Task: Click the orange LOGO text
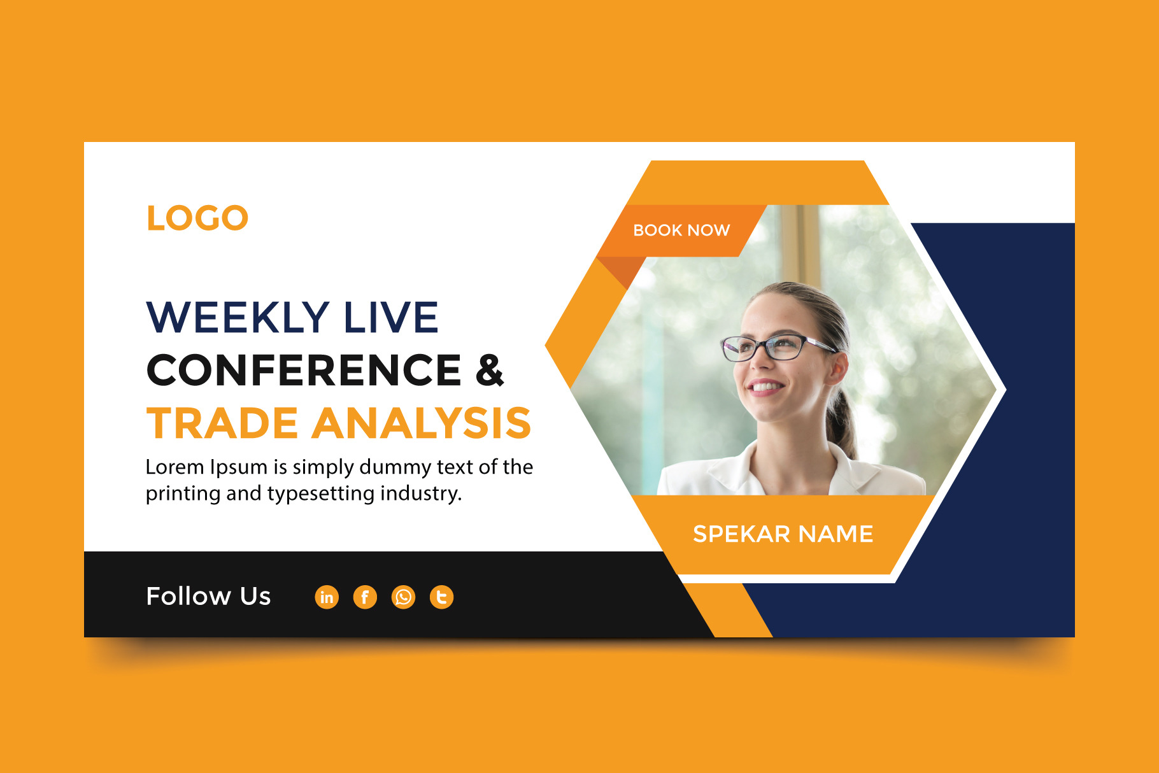tap(197, 218)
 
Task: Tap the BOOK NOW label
tap(681, 230)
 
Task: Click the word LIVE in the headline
tap(391, 317)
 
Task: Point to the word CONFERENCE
tap(304, 370)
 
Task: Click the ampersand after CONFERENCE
tap(490, 370)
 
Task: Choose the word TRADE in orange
tap(222, 423)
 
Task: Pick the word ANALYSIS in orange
tap(422, 423)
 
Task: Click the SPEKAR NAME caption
tap(783, 534)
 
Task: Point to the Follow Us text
tap(209, 596)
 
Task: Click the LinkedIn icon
tap(327, 597)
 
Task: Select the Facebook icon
tap(365, 597)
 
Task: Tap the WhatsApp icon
tap(403, 597)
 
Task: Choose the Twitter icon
tap(441, 597)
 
